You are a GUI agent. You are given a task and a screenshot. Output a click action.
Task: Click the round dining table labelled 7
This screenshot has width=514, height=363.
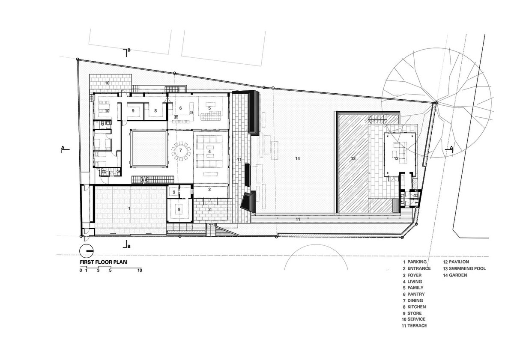[181, 151]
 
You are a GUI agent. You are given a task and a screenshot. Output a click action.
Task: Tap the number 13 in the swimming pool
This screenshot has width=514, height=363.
[353, 158]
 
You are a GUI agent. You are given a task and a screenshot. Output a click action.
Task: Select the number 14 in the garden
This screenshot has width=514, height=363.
[298, 158]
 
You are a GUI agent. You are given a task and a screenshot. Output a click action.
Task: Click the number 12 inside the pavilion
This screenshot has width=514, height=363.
[396, 158]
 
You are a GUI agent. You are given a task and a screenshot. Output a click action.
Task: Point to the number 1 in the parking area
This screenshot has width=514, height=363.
[129, 208]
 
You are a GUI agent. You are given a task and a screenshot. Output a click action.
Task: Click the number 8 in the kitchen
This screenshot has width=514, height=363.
[155, 111]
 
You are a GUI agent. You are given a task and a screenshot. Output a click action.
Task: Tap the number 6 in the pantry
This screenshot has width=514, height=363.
[181, 108]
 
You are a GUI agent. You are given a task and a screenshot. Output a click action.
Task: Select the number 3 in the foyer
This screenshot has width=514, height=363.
[209, 190]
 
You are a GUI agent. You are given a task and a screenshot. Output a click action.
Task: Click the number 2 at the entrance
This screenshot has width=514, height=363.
[209, 209]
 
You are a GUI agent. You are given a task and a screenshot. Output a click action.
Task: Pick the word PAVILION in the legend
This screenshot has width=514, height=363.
[459, 262]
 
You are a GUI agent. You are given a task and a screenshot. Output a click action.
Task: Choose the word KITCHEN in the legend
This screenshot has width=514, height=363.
[417, 307]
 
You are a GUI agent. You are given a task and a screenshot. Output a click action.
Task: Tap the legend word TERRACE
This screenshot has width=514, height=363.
[417, 326]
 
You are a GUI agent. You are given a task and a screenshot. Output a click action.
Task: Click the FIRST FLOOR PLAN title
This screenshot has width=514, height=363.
[103, 262]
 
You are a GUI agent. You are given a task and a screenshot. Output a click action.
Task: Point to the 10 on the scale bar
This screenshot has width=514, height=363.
[140, 271]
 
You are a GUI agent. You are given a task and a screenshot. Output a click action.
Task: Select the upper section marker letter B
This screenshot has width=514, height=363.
[129, 50]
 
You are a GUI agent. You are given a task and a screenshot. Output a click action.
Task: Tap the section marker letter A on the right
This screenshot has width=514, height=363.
[451, 147]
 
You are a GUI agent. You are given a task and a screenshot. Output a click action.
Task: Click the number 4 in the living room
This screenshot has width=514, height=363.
[209, 152]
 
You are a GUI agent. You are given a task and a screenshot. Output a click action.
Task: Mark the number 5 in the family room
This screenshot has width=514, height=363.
[209, 108]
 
